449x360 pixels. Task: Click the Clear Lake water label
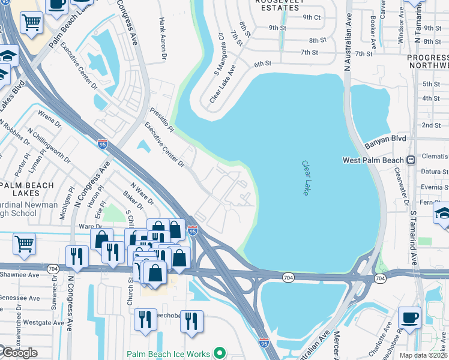click(306, 178)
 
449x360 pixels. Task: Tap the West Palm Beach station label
click(373, 160)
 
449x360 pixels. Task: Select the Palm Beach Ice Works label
click(169, 354)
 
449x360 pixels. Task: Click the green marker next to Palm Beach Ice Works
click(220, 353)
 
